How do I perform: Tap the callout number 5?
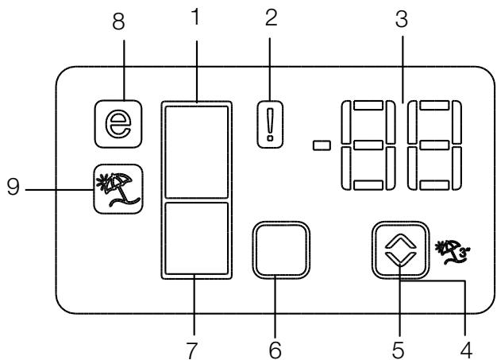[x=399, y=346]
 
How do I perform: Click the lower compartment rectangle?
[x=195, y=239]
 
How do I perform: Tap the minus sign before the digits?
[x=322, y=145]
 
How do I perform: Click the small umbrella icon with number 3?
[x=445, y=242]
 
